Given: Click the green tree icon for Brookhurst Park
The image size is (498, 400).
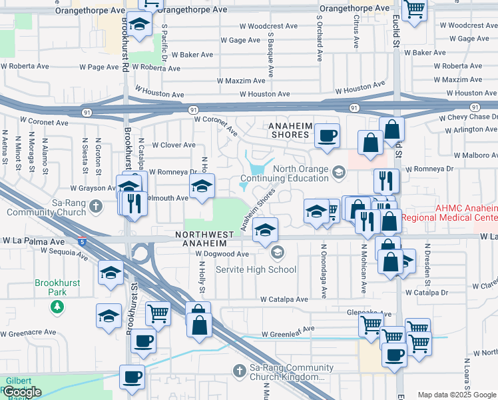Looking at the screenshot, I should coord(58,306).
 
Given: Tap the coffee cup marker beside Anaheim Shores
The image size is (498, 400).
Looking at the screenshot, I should coord(327,136).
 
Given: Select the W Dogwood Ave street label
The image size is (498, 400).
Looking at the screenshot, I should coord(222,254).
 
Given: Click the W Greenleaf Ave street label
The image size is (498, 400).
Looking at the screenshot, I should coord(292,334).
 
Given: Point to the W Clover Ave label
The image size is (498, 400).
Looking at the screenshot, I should coord(174,145).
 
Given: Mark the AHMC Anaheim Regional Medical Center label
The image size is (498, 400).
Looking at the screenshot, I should coord(466,213).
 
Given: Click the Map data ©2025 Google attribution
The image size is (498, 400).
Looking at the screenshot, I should coord(457,395).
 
